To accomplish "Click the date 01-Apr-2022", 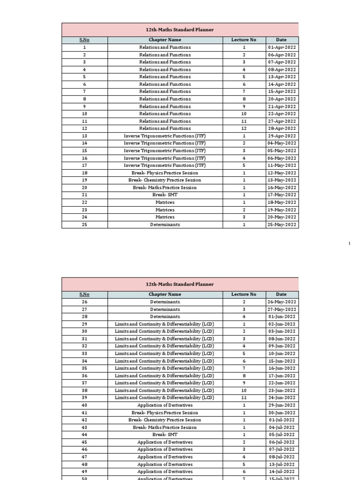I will pos(282,47).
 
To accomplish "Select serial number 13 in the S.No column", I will pos(84,136).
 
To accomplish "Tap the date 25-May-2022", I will pos(282,225).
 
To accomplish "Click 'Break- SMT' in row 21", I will pos(165,195).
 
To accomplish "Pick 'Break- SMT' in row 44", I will pos(165,435).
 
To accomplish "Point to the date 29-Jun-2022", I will pos(282,405).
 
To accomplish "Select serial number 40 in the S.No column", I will pos(84,405).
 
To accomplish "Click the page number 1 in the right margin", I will pos(350,243).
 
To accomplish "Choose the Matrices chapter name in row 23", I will pos(165,210).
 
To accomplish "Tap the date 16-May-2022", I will pos(282,187).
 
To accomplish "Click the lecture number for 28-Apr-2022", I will pos(244,128).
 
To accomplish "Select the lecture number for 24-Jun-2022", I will pos(244,397).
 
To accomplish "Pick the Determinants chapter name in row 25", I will pos(165,225).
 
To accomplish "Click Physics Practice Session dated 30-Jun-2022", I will pos(165,412).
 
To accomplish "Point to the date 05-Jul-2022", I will pos(282,435).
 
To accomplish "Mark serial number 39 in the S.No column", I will pos(84,397).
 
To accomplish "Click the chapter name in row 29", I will pos(165,324).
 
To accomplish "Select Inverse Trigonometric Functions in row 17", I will pos(165,165).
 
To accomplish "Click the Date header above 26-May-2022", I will pos(282,294).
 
